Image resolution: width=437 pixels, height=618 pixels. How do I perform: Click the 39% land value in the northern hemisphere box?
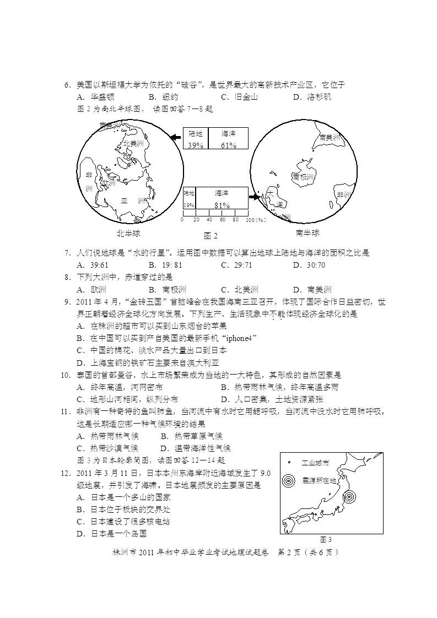(x=196, y=145)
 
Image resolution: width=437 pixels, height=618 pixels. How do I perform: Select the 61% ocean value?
(x=229, y=145)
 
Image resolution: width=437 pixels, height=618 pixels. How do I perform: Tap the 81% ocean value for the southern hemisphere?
(x=222, y=205)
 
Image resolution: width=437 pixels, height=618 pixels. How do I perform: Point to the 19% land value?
(x=188, y=205)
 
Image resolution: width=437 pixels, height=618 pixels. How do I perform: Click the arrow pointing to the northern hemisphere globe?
(x=176, y=137)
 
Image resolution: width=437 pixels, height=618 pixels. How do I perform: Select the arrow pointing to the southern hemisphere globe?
(x=254, y=196)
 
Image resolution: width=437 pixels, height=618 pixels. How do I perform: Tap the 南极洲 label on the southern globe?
(x=303, y=177)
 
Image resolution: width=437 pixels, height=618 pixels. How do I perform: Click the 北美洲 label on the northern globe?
(x=133, y=143)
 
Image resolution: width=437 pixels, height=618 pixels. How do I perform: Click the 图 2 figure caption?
(x=211, y=236)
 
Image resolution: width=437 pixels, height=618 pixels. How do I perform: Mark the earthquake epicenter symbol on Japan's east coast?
(x=348, y=497)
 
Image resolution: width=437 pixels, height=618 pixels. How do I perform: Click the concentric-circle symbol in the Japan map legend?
(x=289, y=480)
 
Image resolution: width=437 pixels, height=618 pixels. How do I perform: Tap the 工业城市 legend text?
(x=316, y=463)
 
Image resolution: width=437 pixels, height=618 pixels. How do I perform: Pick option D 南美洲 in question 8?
(x=312, y=290)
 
